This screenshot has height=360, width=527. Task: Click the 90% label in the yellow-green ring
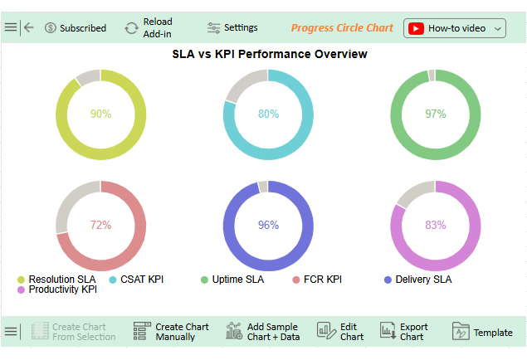tap(100, 114)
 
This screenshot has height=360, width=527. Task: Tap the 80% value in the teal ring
tap(268, 114)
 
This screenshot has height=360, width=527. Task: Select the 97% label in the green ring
tap(436, 114)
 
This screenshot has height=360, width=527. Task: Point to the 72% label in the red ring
tap(100, 225)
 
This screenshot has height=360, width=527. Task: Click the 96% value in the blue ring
tap(268, 225)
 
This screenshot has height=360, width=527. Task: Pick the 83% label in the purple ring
tap(436, 225)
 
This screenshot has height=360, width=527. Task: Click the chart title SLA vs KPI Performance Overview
tap(270, 54)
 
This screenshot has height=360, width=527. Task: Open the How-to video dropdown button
tap(455, 27)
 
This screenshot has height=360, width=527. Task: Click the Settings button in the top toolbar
tap(232, 27)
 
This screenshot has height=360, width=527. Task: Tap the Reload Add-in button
tap(149, 27)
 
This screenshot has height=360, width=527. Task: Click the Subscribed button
tap(76, 27)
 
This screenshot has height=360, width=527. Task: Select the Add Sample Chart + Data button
tap(263, 332)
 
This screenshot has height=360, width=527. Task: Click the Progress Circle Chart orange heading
tap(342, 27)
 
